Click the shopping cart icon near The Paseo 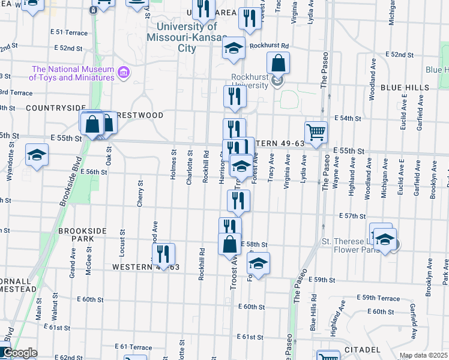316,133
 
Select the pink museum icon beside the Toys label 124,73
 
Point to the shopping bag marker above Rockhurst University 279,63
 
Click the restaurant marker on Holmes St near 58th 163,254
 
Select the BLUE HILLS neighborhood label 405,88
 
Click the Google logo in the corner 19,353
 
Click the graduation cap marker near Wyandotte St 37,156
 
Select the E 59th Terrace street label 378,298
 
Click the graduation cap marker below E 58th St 258,263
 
